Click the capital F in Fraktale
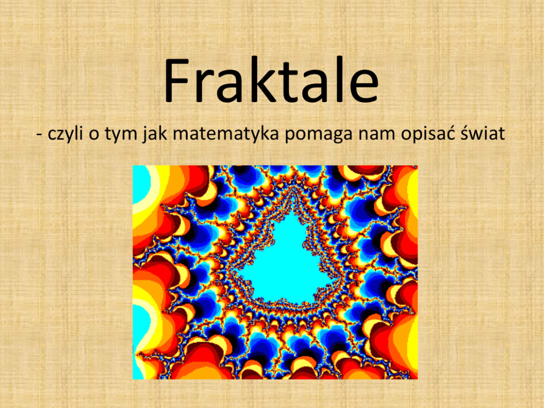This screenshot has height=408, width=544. (179, 81)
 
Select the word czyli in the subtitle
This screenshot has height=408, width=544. (66, 134)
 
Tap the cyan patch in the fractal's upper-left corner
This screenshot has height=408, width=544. (141, 184)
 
